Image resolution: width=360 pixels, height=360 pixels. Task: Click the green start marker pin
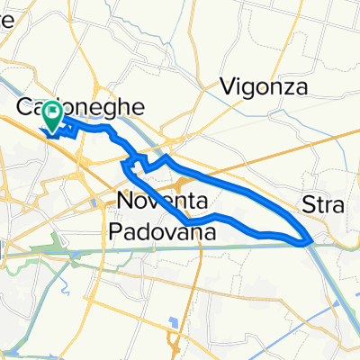52,116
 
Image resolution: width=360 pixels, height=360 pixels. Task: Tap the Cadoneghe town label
81,107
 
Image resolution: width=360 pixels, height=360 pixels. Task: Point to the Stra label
324,204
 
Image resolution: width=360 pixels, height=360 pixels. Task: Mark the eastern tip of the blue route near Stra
308,240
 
